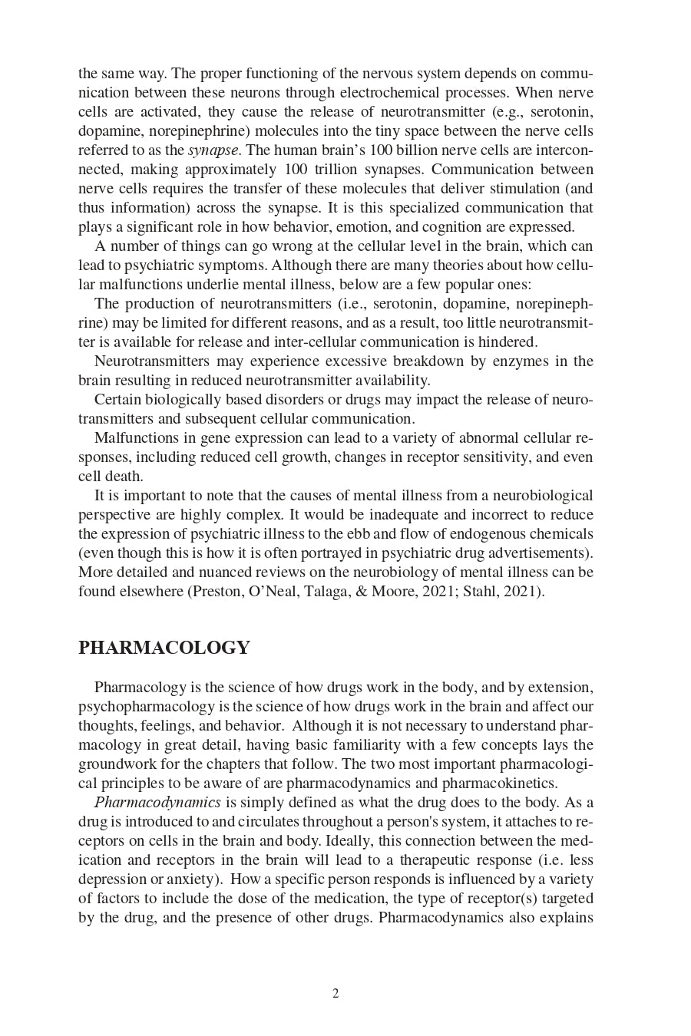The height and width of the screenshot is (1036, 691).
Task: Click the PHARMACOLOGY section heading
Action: (x=164, y=648)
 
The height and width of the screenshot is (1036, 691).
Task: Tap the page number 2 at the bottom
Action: (x=336, y=994)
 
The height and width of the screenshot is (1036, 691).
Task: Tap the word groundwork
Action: (x=114, y=764)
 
